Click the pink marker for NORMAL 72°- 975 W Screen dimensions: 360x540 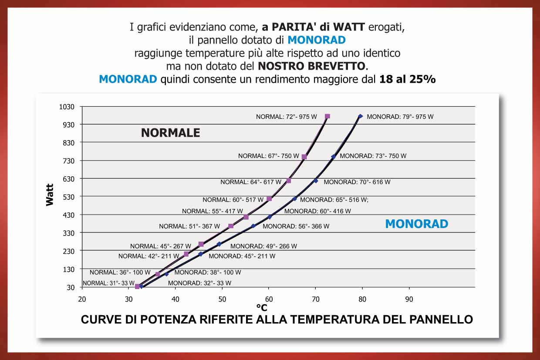327,116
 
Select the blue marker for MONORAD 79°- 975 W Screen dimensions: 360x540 361,116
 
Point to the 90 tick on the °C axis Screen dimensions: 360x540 409,299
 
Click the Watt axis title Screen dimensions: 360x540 50,195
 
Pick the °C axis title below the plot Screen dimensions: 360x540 262,308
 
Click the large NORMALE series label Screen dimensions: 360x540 170,133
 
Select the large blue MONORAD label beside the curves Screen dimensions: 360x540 416,224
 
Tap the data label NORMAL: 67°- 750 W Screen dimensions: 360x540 268,156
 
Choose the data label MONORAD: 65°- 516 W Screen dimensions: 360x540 334,200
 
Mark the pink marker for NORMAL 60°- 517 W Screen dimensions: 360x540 269,199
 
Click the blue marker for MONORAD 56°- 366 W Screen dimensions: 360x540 253,226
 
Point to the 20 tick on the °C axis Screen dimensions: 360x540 82,299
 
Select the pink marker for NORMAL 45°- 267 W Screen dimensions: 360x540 201,244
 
